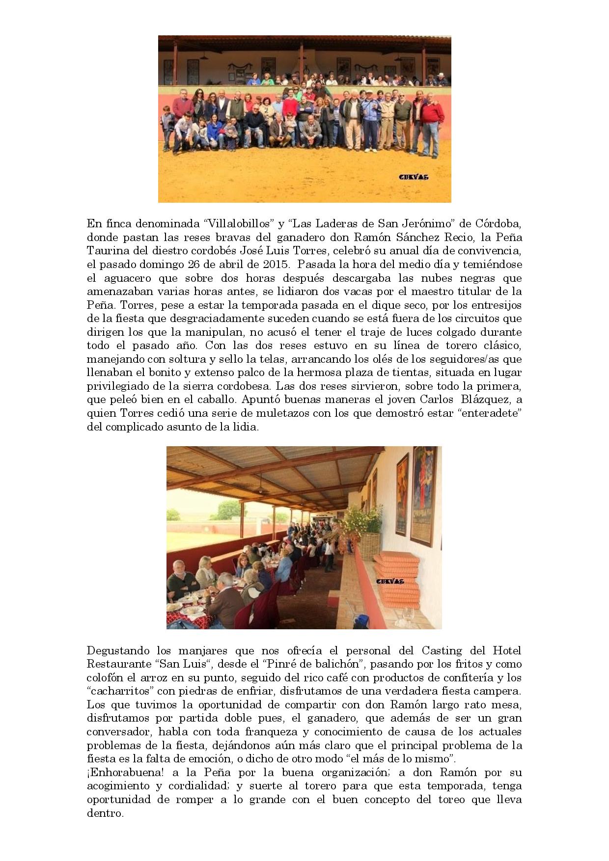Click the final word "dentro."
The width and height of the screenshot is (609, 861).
105,813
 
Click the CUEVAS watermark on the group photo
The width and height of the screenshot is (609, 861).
414,177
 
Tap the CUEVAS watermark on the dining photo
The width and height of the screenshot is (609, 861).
390,581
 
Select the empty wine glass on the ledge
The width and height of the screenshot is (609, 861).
407,614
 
